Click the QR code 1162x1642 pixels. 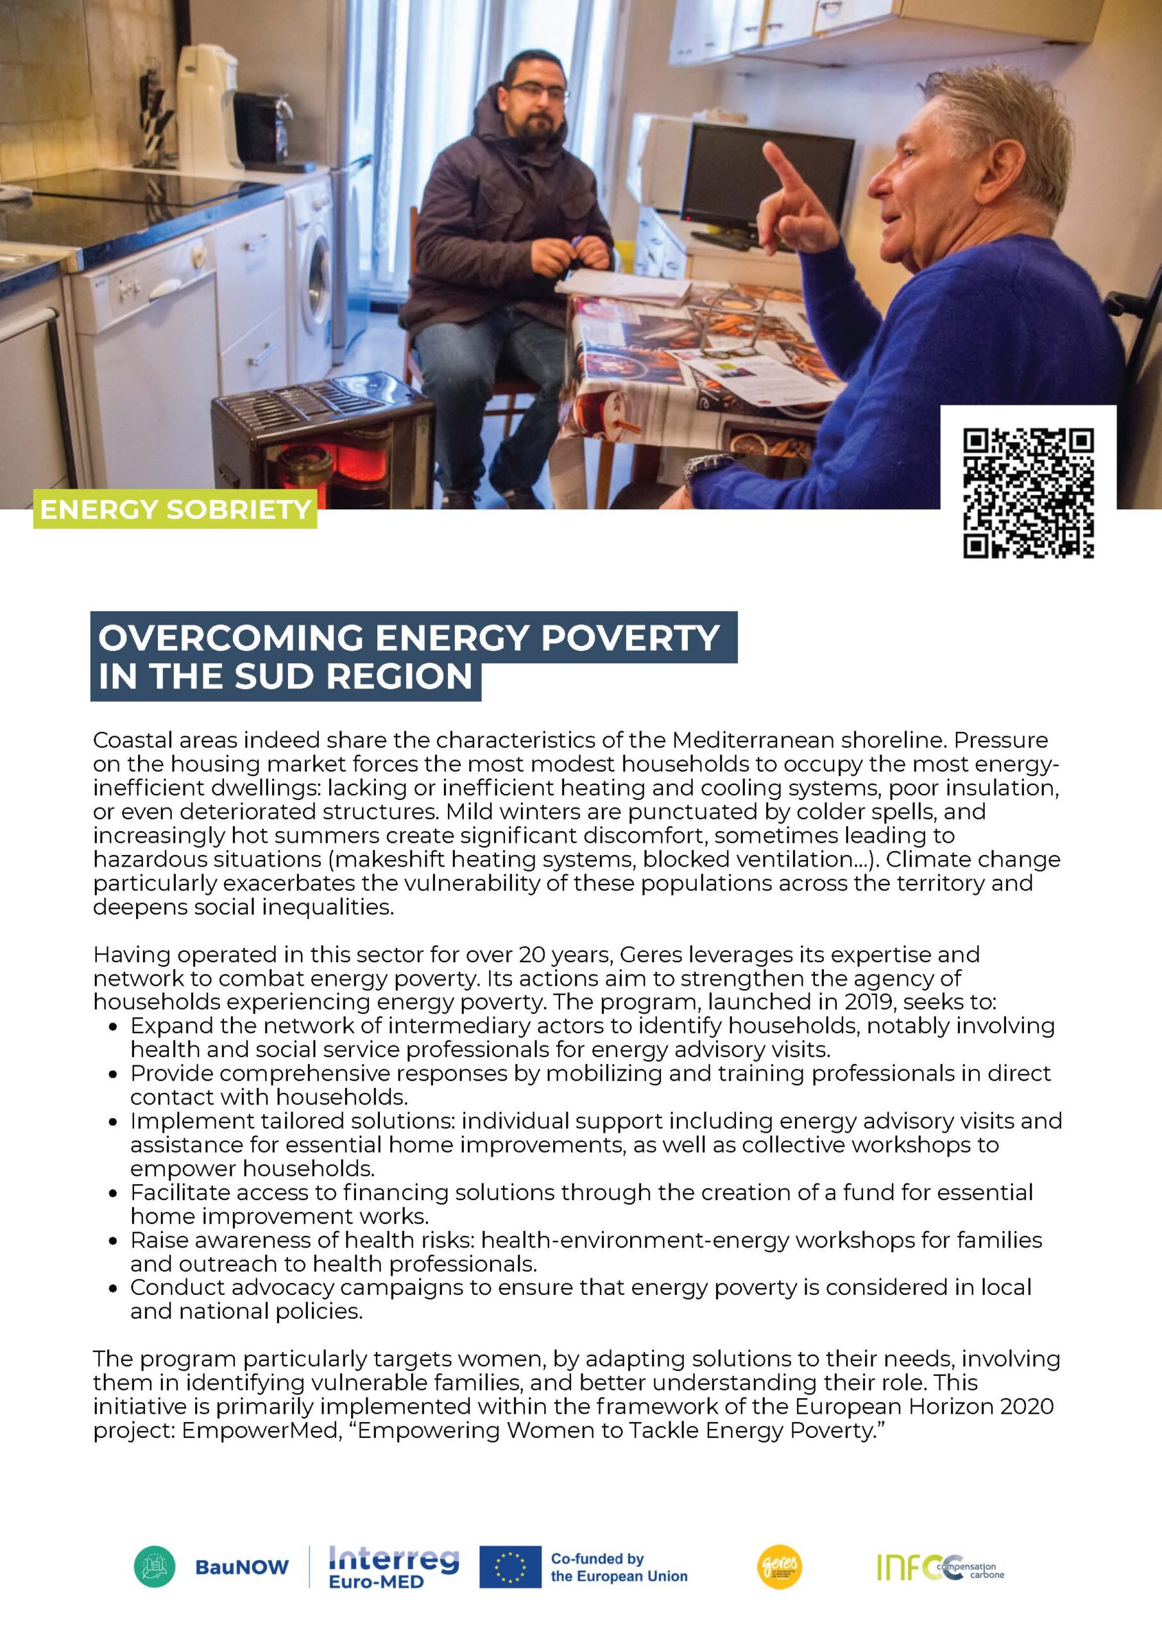tap(1028, 492)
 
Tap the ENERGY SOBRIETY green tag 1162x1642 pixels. tap(175, 509)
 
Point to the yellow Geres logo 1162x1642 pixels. tap(779, 1566)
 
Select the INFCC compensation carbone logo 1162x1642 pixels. tap(940, 1566)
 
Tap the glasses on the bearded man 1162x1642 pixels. tap(536, 91)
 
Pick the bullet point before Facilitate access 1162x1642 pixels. tap(113, 1194)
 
